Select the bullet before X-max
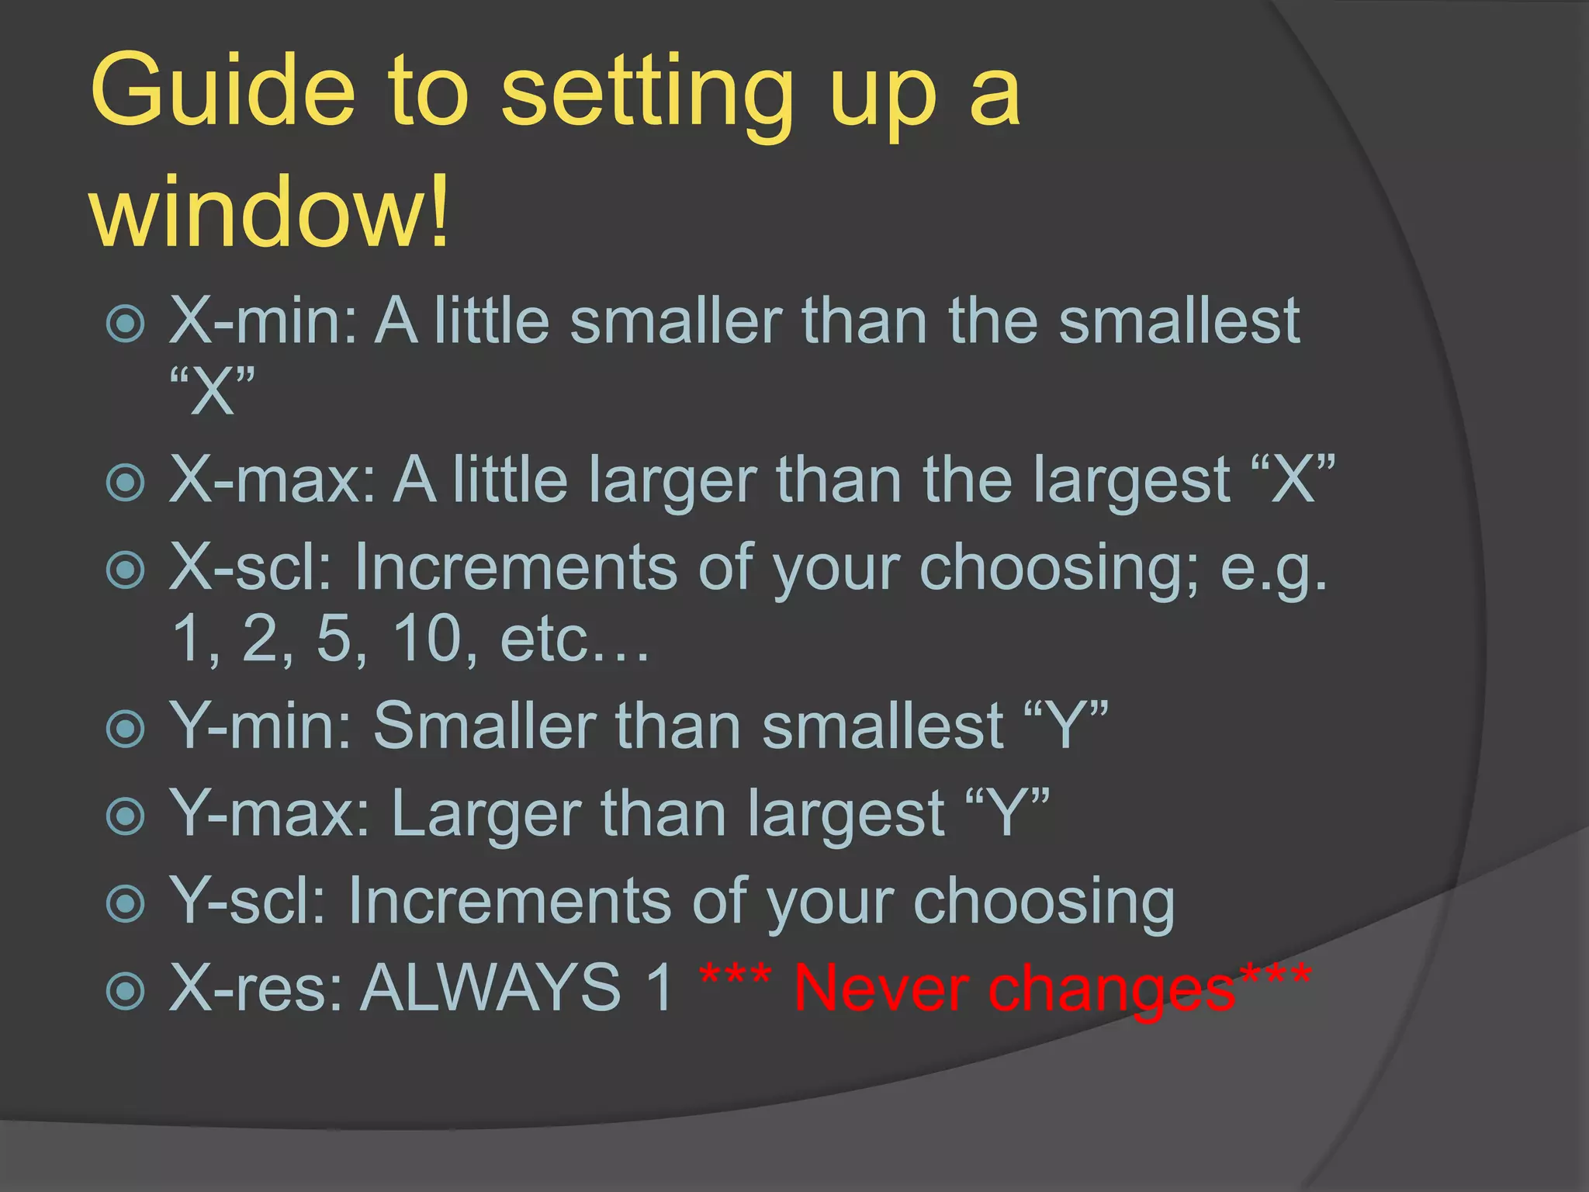[126, 482]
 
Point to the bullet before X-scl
[126, 570]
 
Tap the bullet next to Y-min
[126, 729]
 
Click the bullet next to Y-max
[126, 816]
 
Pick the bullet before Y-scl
[126, 903]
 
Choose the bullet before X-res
[126, 990]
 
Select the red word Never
[880, 988]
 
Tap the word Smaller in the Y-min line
[485, 726]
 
